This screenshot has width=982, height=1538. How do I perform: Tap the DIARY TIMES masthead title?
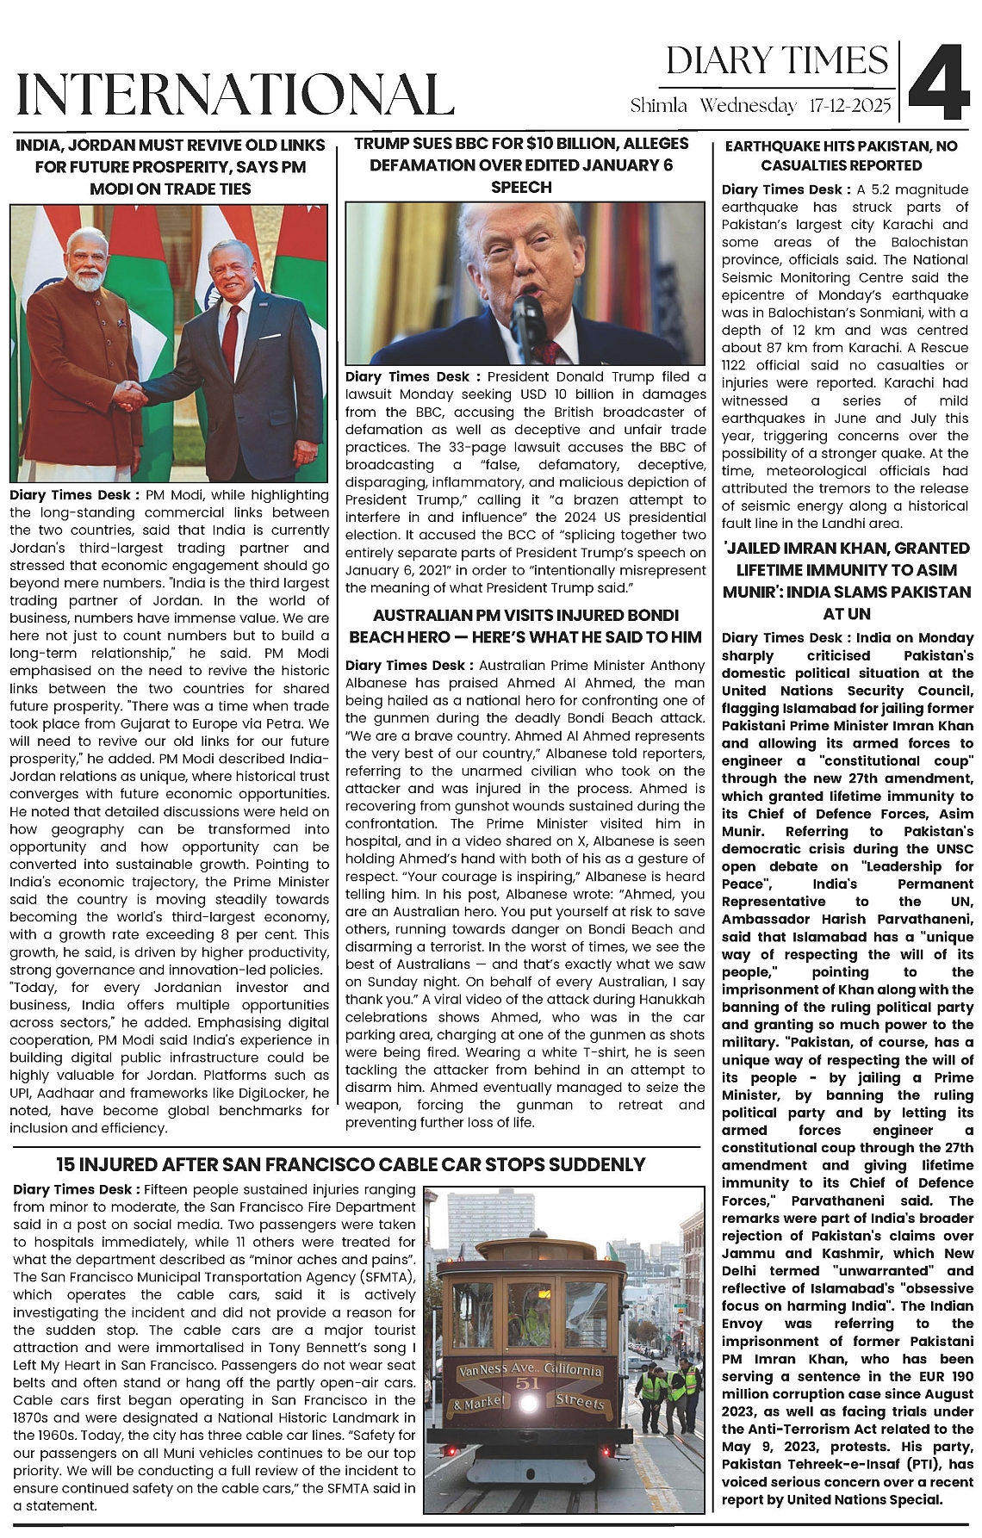[776, 61]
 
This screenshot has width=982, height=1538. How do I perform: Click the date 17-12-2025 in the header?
[850, 106]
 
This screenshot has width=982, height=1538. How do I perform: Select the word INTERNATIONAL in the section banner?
[235, 95]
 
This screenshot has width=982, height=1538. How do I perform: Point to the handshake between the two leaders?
[132, 396]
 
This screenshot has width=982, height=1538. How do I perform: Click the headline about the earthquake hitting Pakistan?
[841, 156]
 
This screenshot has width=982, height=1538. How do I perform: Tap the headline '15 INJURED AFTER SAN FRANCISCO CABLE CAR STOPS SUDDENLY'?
[351, 1165]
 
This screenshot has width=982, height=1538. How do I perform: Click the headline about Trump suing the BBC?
[521, 165]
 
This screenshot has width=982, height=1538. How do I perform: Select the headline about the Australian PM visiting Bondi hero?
[525, 626]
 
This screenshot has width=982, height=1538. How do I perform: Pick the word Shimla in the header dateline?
[659, 106]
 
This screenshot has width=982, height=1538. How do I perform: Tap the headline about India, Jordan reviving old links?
[170, 166]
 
